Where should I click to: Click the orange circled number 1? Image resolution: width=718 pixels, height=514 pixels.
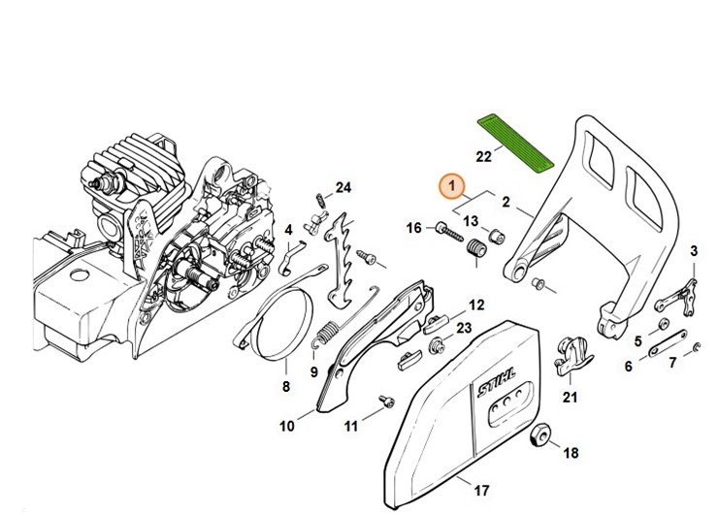click(451, 184)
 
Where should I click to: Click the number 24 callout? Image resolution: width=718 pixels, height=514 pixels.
click(343, 187)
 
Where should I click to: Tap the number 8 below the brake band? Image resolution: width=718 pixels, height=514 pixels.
click(285, 388)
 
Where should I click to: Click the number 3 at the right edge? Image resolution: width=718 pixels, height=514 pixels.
click(693, 252)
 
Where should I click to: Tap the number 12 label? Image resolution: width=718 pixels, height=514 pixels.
click(476, 305)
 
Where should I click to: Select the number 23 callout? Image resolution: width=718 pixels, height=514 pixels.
click(464, 328)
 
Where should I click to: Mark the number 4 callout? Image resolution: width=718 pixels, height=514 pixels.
click(288, 230)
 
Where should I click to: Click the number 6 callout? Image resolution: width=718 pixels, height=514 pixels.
click(628, 367)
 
